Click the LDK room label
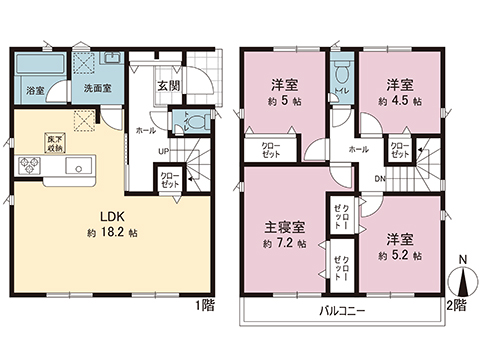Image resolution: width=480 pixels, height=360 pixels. [x=110, y=214]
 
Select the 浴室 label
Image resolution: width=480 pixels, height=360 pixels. [x=33, y=89]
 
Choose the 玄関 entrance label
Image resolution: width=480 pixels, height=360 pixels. [x=166, y=84]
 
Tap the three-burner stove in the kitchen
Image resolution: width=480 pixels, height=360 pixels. [x=23, y=163]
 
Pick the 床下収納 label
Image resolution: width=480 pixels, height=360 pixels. [x=53, y=141]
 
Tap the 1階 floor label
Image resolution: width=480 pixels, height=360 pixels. [x=205, y=303]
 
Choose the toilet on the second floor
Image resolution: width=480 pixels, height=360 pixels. [x=342, y=75]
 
